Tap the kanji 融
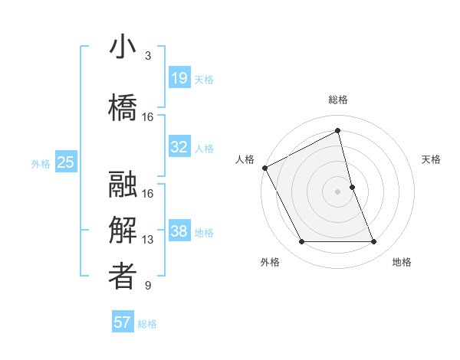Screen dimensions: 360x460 [123, 185]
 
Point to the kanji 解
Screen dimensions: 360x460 [123, 231]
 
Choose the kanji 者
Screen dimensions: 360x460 [123, 276]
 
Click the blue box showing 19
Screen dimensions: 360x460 [179, 77]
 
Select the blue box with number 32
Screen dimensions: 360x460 [179, 147]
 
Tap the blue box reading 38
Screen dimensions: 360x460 [179, 231]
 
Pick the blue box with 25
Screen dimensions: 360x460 [66, 162]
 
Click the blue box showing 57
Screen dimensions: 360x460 [123, 322]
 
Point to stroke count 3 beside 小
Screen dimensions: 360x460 [147, 56]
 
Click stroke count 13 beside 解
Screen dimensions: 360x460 [148, 240]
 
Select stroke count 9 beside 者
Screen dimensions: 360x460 [147, 286]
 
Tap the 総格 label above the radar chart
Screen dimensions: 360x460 [338, 100]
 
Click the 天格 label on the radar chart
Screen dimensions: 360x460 [431, 159]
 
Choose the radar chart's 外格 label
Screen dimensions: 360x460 [270, 262]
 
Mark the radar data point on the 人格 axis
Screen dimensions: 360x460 [264, 168]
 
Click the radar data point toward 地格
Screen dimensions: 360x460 [374, 242]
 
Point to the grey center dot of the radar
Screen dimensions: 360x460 [338, 191]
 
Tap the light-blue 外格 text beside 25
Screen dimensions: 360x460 [41, 163]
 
